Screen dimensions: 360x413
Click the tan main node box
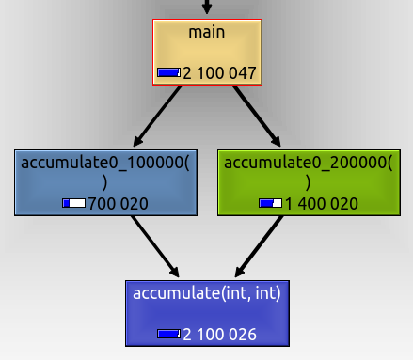point(206,52)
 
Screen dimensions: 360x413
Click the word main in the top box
point(206,33)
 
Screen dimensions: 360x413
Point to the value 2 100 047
point(219,72)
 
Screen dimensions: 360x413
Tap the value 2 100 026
point(219,334)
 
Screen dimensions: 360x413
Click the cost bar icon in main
point(169,72)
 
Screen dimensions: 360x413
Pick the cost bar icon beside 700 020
point(72,203)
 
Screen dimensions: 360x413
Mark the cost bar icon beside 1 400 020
point(270,203)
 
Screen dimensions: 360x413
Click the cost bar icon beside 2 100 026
point(169,334)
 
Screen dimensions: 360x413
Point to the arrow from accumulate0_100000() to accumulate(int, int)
point(155,246)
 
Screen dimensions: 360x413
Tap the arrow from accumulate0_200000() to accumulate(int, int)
point(257,246)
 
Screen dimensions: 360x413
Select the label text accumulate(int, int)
point(206,294)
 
